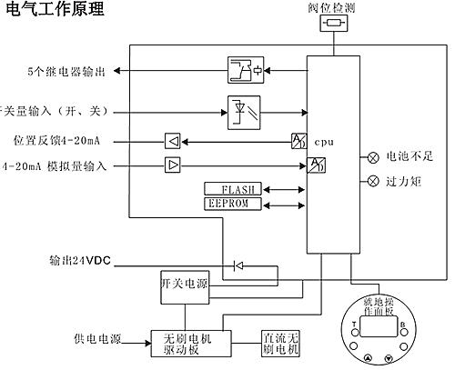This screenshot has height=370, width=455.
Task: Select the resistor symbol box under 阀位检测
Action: [x=333, y=24]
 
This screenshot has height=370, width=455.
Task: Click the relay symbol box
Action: [x=244, y=69]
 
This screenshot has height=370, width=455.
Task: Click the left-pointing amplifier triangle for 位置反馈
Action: [x=172, y=141]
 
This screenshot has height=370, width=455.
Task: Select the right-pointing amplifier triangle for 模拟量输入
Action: [x=172, y=165]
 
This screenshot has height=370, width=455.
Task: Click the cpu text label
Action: [x=324, y=143]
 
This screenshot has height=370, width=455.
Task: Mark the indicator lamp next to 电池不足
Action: [x=373, y=156]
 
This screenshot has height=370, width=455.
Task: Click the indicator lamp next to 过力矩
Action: [x=373, y=181]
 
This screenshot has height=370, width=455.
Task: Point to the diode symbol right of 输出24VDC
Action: [x=238, y=265]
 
